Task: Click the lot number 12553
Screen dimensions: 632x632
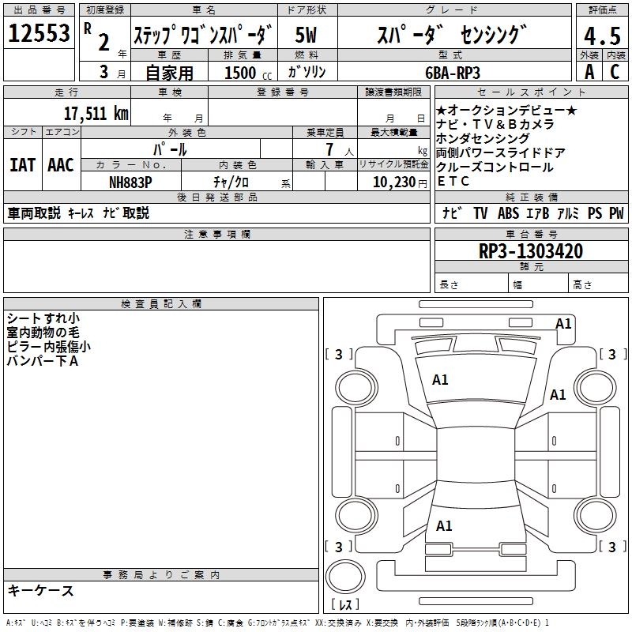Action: [39, 34]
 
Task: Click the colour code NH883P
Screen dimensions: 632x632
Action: [130, 181]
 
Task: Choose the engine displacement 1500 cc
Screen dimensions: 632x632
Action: [246, 73]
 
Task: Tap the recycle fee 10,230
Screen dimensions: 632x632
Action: [392, 181]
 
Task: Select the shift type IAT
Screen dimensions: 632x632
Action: [23, 165]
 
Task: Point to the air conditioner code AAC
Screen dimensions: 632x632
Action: [60, 165]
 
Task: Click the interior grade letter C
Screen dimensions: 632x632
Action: [614, 72]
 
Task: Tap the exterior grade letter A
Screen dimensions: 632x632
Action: [589, 72]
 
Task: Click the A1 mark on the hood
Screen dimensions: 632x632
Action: [440, 380]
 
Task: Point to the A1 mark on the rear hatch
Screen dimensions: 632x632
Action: [444, 525]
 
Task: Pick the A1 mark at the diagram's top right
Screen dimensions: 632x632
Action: [563, 323]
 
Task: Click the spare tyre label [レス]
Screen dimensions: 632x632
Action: [344, 604]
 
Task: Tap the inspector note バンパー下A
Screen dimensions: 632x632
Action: [43, 360]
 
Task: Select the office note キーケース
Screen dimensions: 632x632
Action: [40, 590]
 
